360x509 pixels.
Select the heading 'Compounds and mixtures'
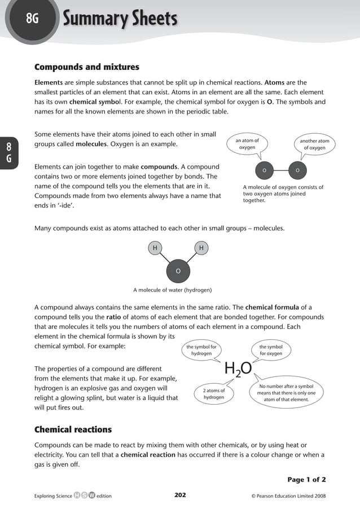click(87, 67)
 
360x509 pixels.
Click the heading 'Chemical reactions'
click(73, 429)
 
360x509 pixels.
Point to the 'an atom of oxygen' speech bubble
click(247, 144)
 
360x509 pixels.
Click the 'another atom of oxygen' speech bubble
click(314, 144)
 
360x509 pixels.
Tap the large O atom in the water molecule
click(178, 271)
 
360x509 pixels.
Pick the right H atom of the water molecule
click(201, 248)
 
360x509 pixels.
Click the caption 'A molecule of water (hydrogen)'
click(172, 290)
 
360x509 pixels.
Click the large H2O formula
click(238, 369)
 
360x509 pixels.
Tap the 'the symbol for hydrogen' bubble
click(201, 350)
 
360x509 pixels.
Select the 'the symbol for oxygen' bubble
click(271, 350)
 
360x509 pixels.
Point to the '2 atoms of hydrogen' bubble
click(214, 393)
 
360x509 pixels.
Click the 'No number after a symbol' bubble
click(286, 393)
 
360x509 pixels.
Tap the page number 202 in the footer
click(180, 495)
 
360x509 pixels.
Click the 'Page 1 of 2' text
click(306, 480)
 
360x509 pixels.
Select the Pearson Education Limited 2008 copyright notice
click(288, 496)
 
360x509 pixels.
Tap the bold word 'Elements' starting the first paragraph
click(49, 82)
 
